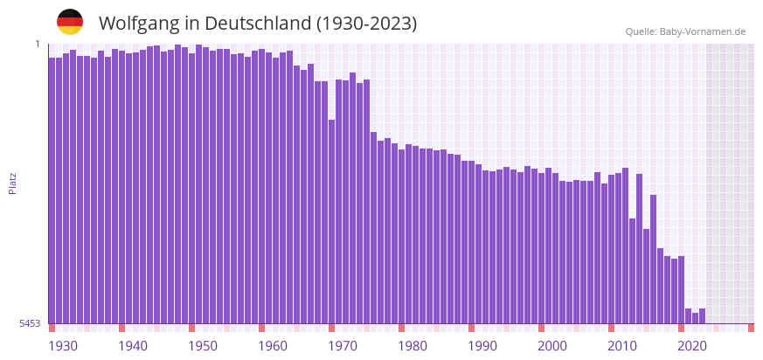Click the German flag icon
[70, 23]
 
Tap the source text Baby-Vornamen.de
[702, 31]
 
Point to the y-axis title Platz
[12, 183]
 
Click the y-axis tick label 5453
[30, 323]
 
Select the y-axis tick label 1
[38, 44]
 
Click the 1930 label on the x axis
[63, 346]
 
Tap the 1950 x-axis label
[203, 346]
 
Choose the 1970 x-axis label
[343, 346]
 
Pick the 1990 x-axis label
[482, 346]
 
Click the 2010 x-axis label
[622, 346]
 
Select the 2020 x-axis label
[692, 346]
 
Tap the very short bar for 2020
[689, 315]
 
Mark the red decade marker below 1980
[402, 328]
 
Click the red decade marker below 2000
[542, 328]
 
